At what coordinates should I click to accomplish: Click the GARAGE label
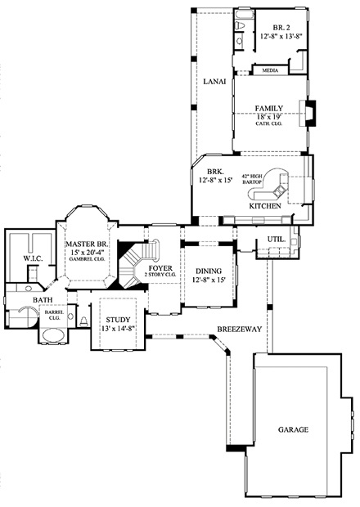point(292,428)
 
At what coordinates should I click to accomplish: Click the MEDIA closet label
point(269,70)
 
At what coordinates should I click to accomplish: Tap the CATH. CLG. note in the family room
point(268,125)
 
